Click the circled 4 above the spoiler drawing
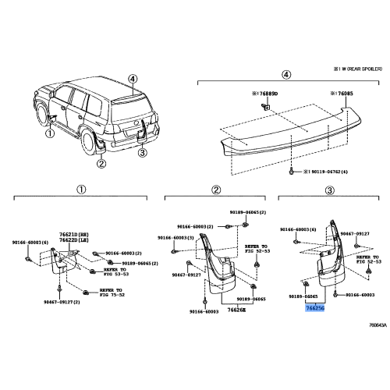[285, 76]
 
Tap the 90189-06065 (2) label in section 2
[243, 212]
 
